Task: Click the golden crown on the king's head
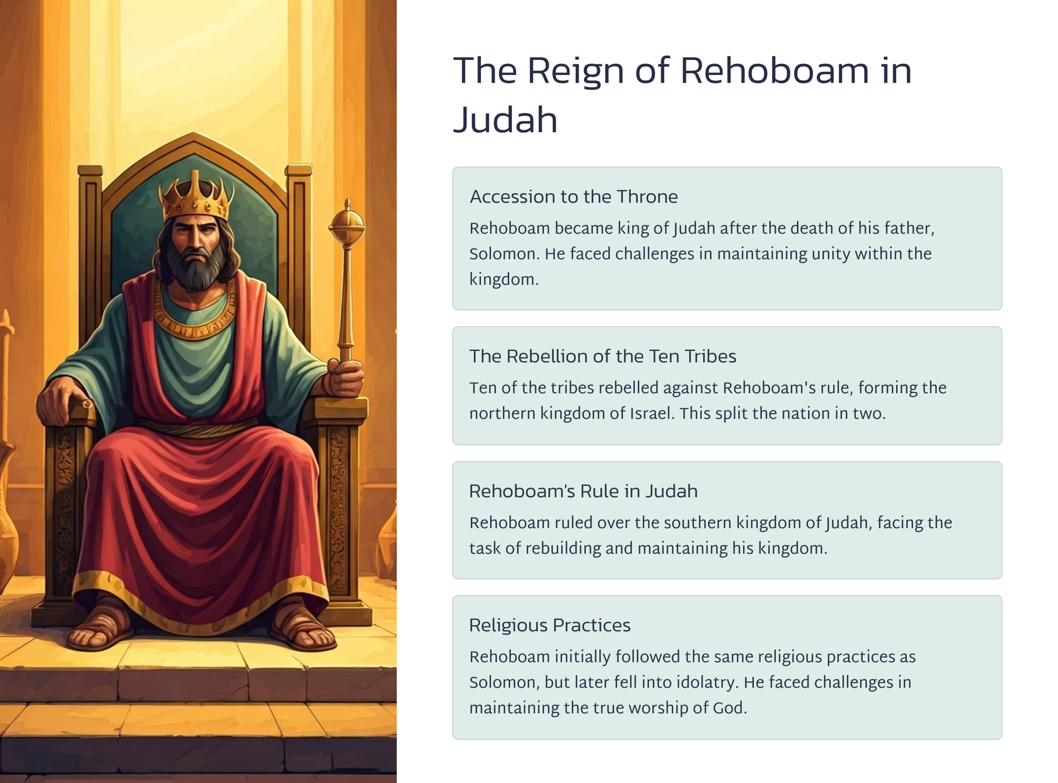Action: [195, 197]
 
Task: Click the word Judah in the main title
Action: [505, 120]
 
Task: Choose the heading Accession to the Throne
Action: [573, 197]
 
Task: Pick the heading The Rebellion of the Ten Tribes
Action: [603, 356]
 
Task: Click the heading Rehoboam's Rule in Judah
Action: [583, 491]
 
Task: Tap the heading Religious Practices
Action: [550, 625]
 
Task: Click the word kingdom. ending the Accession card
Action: [504, 280]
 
